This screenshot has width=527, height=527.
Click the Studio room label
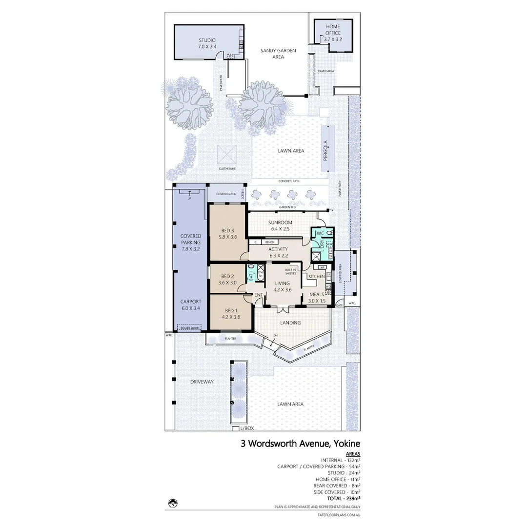(207, 43)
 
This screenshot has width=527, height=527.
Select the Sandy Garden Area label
(279, 54)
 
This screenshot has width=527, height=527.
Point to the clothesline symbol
(227, 156)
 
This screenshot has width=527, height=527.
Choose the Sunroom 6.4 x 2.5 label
(280, 225)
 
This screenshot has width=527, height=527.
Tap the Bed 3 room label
(228, 234)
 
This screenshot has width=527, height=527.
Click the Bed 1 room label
(230, 313)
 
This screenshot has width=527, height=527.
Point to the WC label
(320, 234)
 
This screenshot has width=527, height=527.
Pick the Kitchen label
(316, 277)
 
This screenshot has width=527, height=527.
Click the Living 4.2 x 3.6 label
(282, 286)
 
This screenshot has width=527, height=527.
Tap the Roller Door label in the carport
(189, 328)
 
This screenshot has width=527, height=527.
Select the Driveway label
(202, 382)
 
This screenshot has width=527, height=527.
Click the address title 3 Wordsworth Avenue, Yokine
(300, 444)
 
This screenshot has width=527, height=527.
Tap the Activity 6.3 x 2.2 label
(278, 252)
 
